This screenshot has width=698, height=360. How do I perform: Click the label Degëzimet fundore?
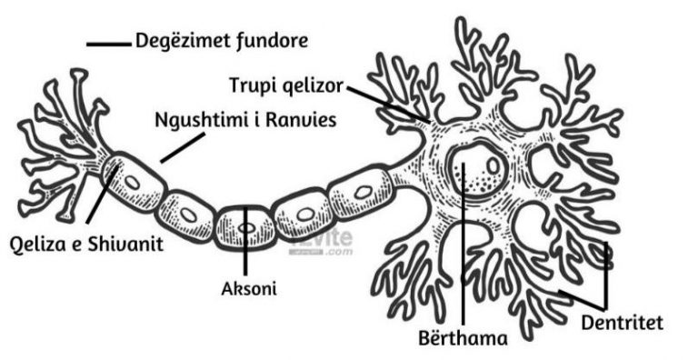(x=221, y=41)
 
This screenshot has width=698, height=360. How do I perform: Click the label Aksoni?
(x=248, y=289)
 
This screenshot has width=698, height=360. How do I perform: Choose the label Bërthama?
(x=470, y=338)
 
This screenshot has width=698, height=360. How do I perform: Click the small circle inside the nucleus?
(x=492, y=166)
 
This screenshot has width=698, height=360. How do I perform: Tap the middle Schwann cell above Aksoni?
(x=245, y=223)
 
